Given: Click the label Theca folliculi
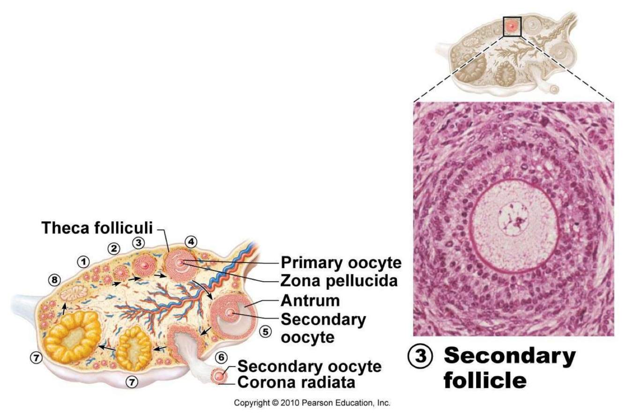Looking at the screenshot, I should click(97, 228).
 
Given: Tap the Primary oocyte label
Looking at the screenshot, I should click(341, 263).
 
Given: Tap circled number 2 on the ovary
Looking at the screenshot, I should click(113, 248).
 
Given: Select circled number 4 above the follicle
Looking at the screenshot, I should click(191, 242).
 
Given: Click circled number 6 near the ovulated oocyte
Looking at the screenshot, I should click(222, 357).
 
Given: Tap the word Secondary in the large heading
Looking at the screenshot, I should click(509, 357).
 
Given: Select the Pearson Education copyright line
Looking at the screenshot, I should click(312, 403).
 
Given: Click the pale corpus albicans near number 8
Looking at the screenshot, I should click(73, 293).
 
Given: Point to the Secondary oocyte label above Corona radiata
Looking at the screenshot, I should click(310, 366).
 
